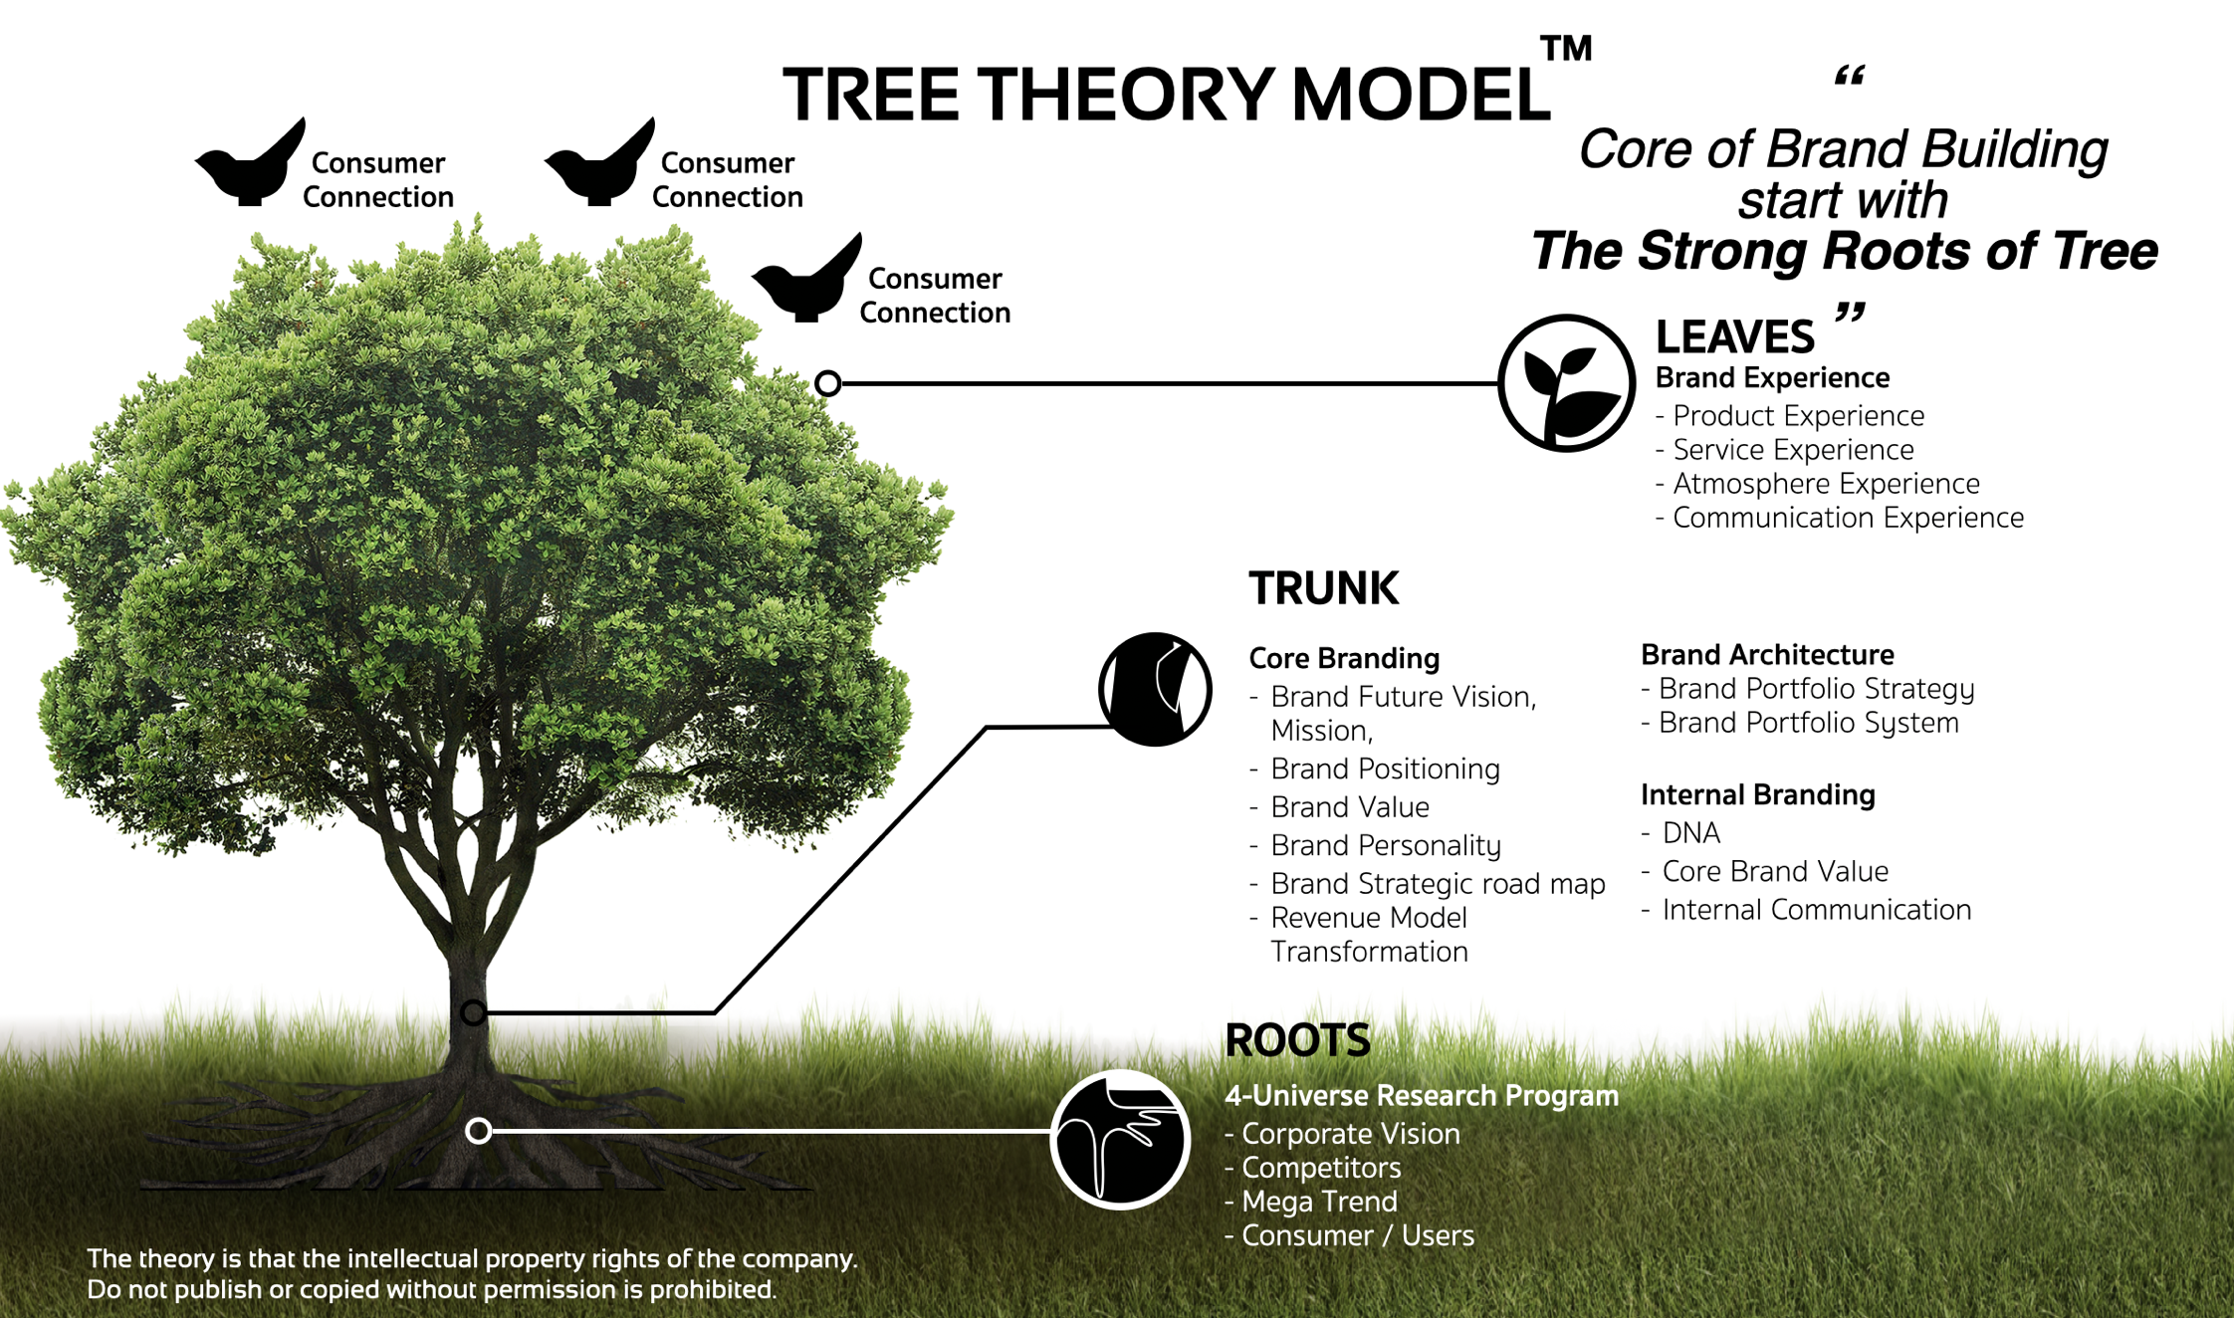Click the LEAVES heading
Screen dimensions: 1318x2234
click(1734, 337)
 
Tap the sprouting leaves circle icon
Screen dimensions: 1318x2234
click(1566, 383)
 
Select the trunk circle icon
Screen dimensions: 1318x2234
click(1155, 689)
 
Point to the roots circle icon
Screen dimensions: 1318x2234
click(1120, 1139)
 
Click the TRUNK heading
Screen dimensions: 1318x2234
click(1323, 588)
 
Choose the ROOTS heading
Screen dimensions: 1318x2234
click(1297, 1040)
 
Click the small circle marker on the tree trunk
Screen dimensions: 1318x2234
click(474, 1012)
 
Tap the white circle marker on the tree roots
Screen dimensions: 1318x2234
click(479, 1131)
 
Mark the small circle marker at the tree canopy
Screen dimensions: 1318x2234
click(827, 383)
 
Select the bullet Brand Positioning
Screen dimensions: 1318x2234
click(1384, 769)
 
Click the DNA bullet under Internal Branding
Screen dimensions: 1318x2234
click(1690, 832)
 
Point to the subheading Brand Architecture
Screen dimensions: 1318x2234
click(1767, 654)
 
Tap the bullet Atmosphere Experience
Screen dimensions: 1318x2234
click(1825, 484)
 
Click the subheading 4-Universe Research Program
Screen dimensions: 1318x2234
click(1421, 1095)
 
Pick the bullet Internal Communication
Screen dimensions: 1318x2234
click(1816, 909)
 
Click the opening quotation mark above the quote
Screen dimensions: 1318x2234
click(1849, 77)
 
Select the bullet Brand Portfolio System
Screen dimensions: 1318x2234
click(1808, 723)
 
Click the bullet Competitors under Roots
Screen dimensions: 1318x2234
click(1320, 1168)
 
